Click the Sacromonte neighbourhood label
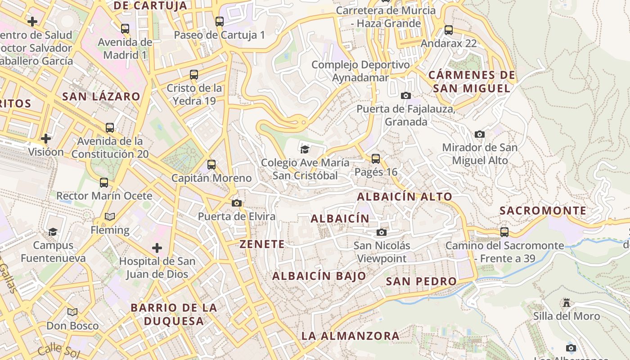click(x=543, y=211)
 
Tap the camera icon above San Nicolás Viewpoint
click(x=382, y=232)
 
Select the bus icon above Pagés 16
click(x=376, y=158)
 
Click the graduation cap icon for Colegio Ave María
click(x=305, y=149)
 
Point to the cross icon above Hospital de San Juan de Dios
click(x=157, y=248)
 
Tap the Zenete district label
click(x=262, y=244)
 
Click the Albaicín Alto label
click(x=404, y=197)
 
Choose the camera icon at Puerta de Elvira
click(x=237, y=203)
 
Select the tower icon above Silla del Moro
click(x=567, y=303)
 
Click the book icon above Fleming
click(x=110, y=216)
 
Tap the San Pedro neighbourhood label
click(x=421, y=281)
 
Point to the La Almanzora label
click(x=350, y=336)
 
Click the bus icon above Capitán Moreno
click(x=211, y=165)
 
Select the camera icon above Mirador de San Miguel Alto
click(x=480, y=134)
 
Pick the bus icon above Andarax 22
click(x=449, y=30)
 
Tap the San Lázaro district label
click(x=101, y=96)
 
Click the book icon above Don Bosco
click(x=72, y=312)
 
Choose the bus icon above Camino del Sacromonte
click(x=504, y=232)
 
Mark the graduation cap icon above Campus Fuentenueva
click(x=53, y=232)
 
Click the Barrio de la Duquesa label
click(x=174, y=315)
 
